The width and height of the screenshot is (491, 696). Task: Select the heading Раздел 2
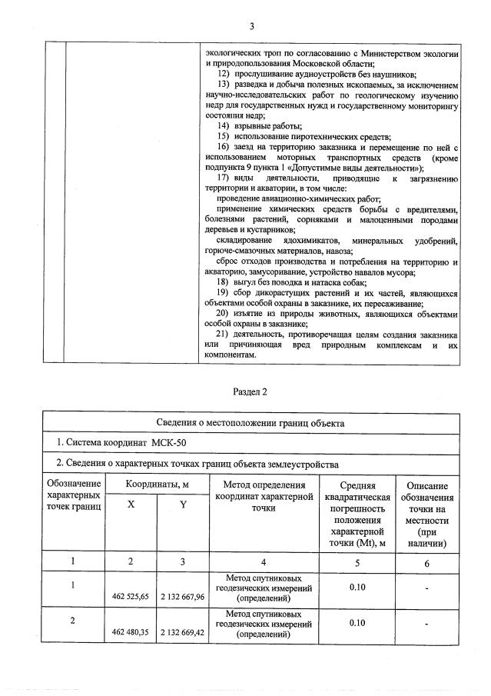[250, 391]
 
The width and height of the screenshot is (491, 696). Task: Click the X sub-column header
[130, 504]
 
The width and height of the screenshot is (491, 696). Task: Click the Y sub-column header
[183, 504]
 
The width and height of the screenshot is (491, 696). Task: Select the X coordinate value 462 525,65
[131, 596]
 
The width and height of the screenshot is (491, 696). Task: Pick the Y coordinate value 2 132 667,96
[183, 596]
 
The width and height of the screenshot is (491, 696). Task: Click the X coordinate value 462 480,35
[131, 633]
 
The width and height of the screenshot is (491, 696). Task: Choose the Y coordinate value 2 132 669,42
[183, 633]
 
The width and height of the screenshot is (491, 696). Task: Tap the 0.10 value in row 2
[357, 624]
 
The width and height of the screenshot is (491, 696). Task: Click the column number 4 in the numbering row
[264, 561]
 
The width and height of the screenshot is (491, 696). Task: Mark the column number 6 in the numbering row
[427, 561]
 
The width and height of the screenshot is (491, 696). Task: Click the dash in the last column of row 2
[427, 624]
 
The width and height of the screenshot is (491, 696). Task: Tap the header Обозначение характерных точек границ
[74, 498]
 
